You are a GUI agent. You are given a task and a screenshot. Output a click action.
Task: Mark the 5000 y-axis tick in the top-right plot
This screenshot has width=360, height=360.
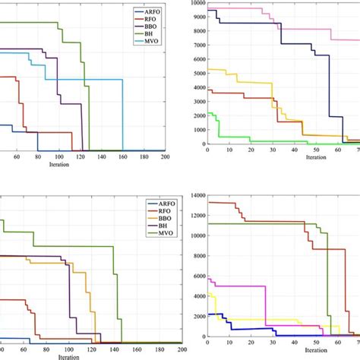point(197,74)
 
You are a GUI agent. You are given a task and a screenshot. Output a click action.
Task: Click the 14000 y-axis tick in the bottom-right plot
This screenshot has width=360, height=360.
point(195,195)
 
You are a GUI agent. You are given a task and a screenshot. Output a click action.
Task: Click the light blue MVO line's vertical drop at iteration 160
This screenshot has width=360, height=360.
point(122,114)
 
